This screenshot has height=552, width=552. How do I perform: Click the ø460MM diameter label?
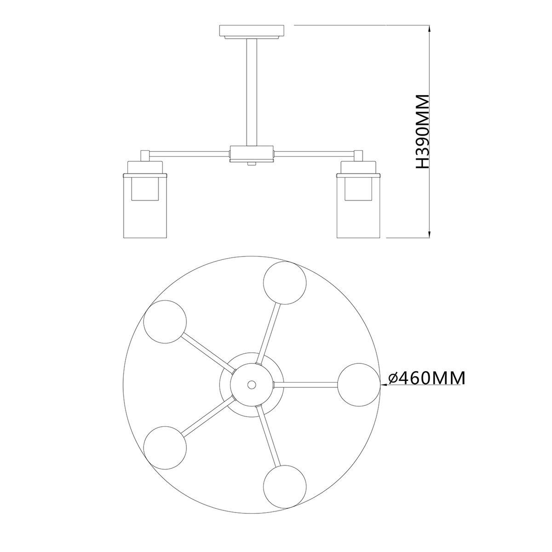point(426,379)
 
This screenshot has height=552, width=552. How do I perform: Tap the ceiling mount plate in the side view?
point(252,32)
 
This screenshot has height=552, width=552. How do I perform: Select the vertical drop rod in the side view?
point(252,92)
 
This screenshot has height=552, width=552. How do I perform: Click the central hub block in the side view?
point(252,154)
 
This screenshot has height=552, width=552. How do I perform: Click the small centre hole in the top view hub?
point(252,385)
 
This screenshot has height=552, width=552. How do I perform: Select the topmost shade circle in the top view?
point(285,282)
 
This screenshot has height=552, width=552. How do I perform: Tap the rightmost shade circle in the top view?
point(359,385)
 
